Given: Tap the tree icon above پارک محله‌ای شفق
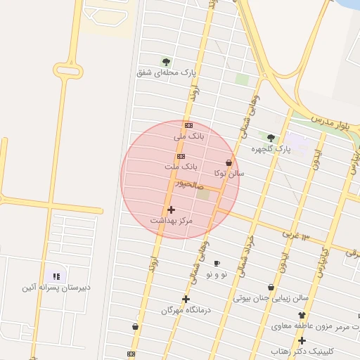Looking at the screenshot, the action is coord(166,62).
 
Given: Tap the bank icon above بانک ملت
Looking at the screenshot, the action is coord(181,156).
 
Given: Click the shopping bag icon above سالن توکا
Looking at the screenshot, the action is coord(229,162).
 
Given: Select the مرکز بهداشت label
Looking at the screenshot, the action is coord(171,220).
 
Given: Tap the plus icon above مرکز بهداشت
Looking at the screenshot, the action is coord(171,210).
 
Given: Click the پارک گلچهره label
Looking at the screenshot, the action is coord(271,148).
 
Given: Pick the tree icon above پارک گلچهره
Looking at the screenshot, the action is coord(271,138).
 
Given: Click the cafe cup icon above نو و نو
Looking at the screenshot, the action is coord(217,263).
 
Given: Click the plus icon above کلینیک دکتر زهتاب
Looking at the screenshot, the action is coord(302,340).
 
